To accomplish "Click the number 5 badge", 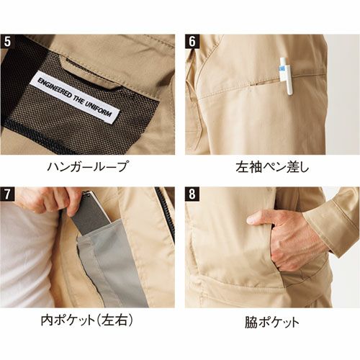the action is click(7, 42).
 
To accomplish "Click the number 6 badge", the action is click(192, 42).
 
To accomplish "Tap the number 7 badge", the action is click(7, 194).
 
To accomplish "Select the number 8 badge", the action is click(192, 194).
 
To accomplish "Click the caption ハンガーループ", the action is click(87, 166).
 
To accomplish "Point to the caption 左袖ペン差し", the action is click(272, 167).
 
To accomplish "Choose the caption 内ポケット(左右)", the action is click(86, 320).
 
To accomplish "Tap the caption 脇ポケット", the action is click(272, 322).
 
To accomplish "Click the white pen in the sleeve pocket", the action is click(286, 76).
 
